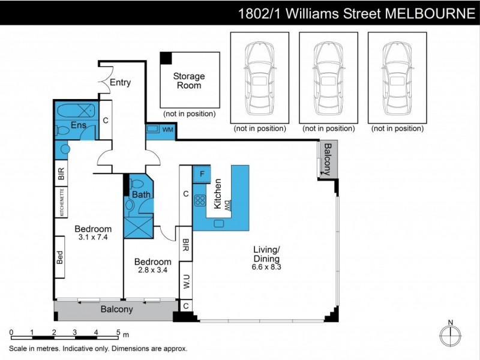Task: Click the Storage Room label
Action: click(x=189, y=80)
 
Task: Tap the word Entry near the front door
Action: click(x=120, y=83)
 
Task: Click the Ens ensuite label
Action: click(x=78, y=125)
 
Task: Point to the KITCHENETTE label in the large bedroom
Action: click(x=62, y=202)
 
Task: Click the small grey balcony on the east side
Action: click(x=328, y=159)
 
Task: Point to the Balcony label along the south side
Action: click(x=116, y=310)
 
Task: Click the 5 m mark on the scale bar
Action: click(x=118, y=332)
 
